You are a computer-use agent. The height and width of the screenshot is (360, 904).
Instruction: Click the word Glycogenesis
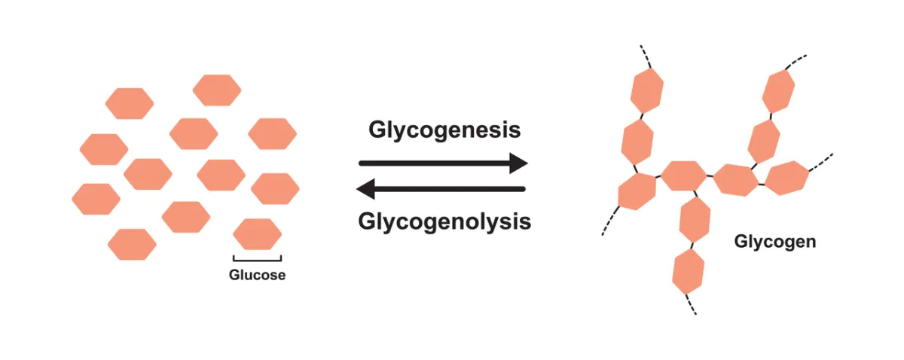(444, 130)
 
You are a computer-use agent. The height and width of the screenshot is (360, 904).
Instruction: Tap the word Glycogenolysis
(444, 222)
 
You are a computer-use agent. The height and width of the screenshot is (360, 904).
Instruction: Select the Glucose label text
(258, 275)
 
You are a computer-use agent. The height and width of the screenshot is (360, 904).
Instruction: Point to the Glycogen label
(775, 243)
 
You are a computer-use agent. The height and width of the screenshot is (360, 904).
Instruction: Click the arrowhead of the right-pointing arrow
(518, 163)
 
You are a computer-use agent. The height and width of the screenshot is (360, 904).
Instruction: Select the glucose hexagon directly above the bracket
(257, 234)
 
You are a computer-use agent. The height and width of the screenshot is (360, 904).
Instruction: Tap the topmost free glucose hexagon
(217, 90)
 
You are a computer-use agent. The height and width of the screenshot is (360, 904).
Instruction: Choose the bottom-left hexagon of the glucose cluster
(132, 245)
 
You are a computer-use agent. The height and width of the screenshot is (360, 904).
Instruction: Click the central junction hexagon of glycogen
(683, 177)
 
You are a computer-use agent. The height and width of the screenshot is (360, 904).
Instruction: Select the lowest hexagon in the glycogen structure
(688, 273)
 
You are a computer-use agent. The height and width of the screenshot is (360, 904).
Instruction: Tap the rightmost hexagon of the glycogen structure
(786, 178)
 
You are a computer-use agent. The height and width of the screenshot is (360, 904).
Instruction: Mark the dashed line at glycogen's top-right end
(797, 59)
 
